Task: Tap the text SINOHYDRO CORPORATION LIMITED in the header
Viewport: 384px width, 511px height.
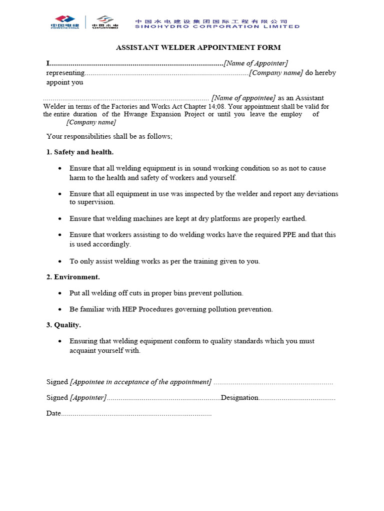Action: tap(218, 26)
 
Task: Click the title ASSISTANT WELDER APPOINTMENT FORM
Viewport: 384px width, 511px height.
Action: tap(198, 47)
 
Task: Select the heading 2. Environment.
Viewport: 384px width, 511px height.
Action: tap(73, 276)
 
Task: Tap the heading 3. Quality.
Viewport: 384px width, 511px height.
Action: tap(63, 325)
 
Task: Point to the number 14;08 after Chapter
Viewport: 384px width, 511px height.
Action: tap(216, 106)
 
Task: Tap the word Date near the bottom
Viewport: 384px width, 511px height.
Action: tap(53, 414)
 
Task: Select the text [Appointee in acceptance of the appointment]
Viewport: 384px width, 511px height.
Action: tap(141, 382)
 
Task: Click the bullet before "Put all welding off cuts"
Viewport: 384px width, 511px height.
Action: tap(60, 293)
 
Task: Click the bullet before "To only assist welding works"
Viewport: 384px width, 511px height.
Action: tap(60, 261)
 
